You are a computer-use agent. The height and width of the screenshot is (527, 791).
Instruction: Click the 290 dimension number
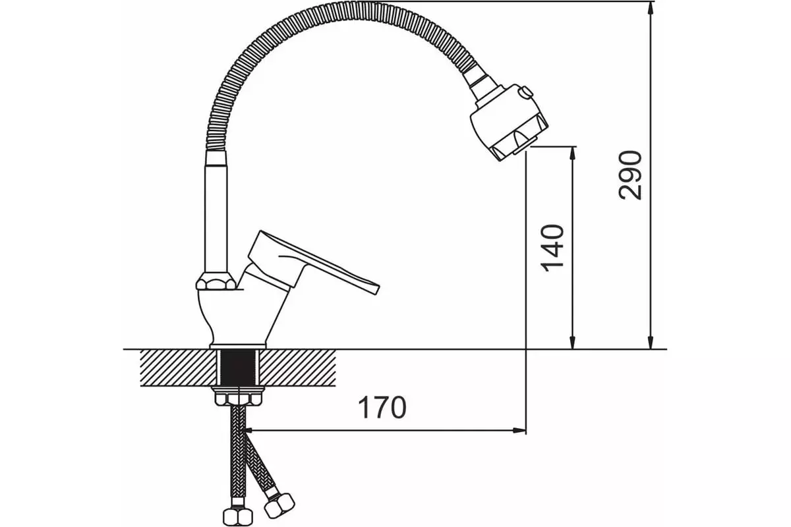point(630,175)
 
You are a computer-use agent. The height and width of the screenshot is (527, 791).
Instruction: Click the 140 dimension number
point(552,248)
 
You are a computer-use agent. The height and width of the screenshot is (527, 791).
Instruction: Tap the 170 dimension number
point(382,407)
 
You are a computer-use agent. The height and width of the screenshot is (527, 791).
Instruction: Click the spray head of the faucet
point(509,122)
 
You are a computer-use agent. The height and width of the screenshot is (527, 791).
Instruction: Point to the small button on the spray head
point(525,92)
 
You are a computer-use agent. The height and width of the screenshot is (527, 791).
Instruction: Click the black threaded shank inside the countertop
point(239,368)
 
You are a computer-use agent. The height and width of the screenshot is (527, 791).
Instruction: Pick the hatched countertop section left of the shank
point(179,368)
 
